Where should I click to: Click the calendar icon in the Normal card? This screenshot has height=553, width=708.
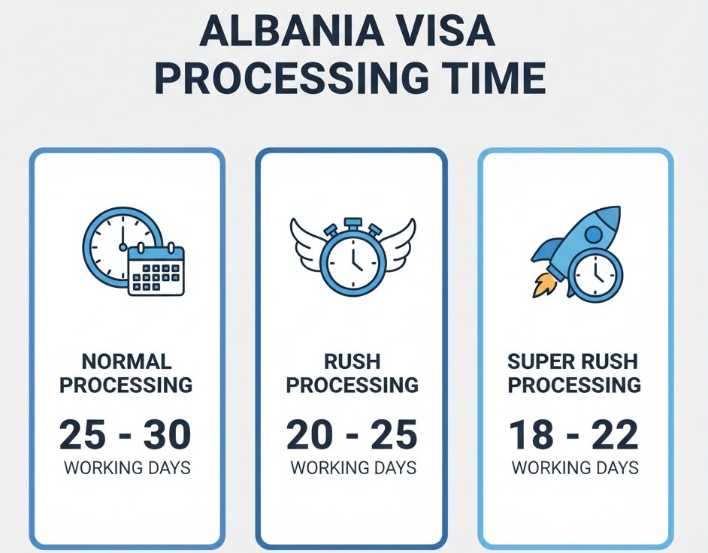(x=156, y=270)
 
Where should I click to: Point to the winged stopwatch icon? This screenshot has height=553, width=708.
(x=352, y=256)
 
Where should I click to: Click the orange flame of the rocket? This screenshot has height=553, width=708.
(x=543, y=285)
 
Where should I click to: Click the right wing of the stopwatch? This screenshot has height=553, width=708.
(x=395, y=245)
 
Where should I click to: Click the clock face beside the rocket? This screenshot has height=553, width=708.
(x=595, y=274)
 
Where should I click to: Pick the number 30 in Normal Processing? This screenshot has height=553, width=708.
(x=167, y=434)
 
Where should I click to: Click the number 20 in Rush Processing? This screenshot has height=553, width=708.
(x=309, y=434)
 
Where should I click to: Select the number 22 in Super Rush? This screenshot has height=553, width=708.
(x=616, y=434)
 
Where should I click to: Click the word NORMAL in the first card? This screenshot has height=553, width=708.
(x=126, y=361)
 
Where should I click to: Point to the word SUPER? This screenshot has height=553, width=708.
(x=536, y=361)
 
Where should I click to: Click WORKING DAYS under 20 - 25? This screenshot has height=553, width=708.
(x=353, y=467)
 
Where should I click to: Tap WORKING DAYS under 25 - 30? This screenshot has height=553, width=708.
(x=127, y=467)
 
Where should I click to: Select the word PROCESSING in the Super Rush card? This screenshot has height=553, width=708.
(x=574, y=385)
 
